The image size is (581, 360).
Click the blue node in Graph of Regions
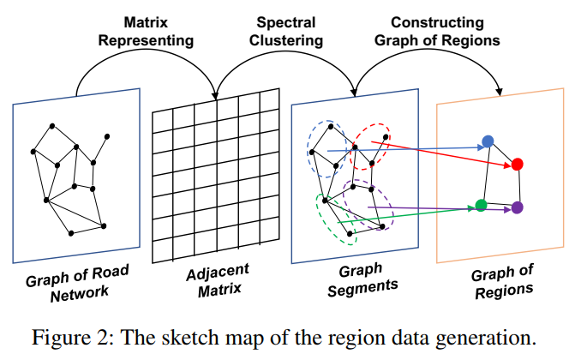tap(488, 141)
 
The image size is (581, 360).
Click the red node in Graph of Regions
tap(517, 164)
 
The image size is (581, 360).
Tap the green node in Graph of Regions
tap(481, 205)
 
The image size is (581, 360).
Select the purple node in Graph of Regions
tap(517, 207)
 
